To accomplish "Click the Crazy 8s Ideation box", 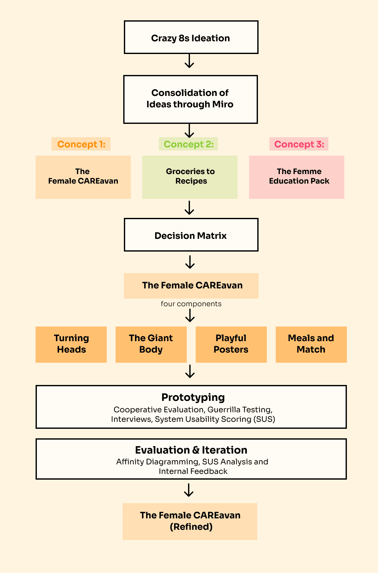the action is pos(191,37).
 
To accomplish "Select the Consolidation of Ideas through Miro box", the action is pos(190,99).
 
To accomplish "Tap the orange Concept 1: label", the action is pos(81,144).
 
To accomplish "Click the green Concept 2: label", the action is pos(188,144).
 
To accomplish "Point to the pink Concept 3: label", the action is pos(299,144).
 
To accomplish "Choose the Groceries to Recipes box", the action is pos(190,177).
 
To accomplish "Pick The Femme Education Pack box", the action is pos(296,177).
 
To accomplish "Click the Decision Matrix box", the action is pos(191,235).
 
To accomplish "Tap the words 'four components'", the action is pos(191,304).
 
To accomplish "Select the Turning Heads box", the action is pos(71,344).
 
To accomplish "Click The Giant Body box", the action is pos(151,344).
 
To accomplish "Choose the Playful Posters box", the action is pos(231,344).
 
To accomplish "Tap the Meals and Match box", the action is pos(311,344).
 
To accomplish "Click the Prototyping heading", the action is pos(193,397).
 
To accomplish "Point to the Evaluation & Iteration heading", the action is pos(191,450).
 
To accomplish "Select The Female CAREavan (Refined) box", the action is pos(190,521).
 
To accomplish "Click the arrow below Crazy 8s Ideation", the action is pos(189,61).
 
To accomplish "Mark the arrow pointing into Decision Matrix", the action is pos(189,208).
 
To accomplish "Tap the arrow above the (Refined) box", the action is pos(189,490).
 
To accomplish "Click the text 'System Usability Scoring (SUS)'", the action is pos(215,419).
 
